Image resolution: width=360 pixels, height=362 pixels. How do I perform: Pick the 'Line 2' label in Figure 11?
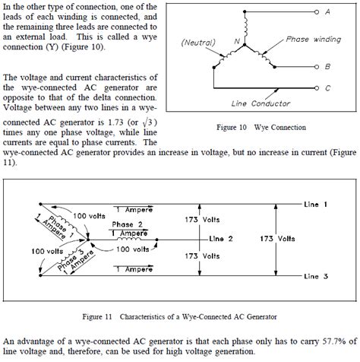pyautogui.click(x=226, y=238)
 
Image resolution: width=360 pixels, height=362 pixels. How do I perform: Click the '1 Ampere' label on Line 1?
pyautogui.click(x=130, y=208)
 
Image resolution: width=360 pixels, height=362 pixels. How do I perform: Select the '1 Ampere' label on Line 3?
pyautogui.click(x=130, y=269)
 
